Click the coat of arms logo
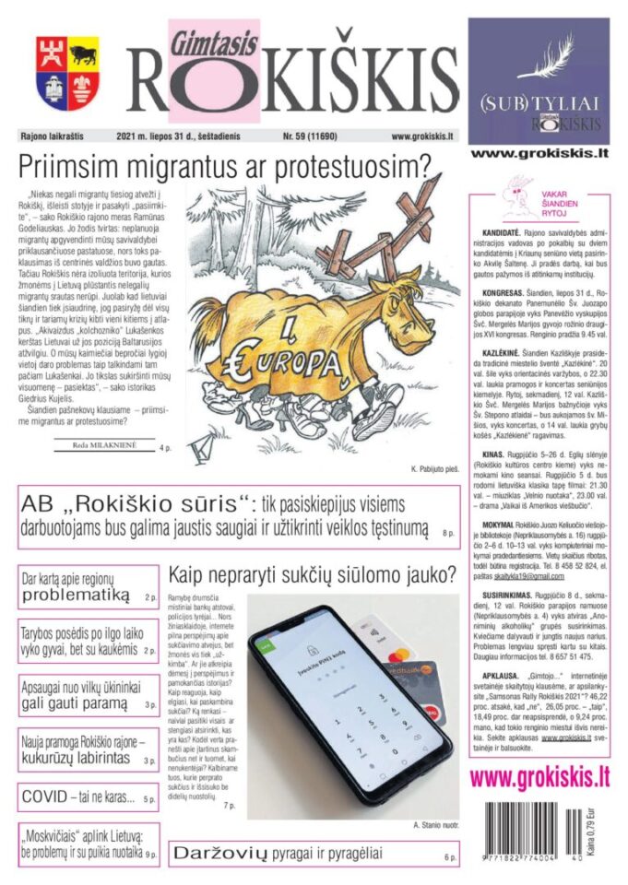tap(67, 73)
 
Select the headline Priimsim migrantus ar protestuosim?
tap(226, 168)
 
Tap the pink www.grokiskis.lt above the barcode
tap(539, 776)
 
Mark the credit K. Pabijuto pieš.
tap(428, 466)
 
